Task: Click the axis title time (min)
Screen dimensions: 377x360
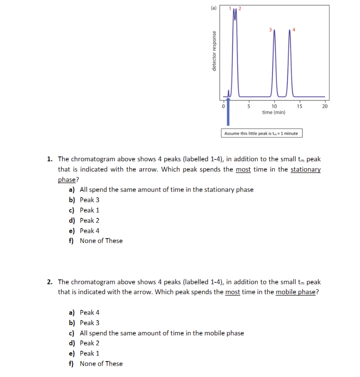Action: tap(273, 112)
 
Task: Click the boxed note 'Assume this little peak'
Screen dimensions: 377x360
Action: tap(261, 133)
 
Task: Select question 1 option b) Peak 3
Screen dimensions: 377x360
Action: tap(89, 200)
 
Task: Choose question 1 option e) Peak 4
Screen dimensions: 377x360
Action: tap(89, 231)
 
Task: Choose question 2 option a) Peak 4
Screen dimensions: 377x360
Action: tap(89, 313)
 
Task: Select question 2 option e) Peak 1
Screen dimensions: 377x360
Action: tap(89, 353)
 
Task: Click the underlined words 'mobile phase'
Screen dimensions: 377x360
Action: tap(296, 292)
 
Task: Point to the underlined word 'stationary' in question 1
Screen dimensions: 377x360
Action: tap(306, 170)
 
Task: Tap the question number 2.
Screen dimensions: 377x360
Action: tap(50, 282)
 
